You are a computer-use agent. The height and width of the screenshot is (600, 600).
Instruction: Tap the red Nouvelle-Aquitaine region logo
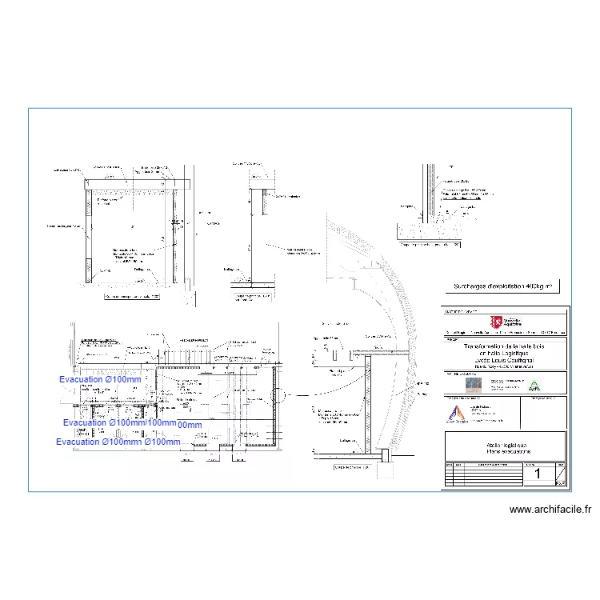498,322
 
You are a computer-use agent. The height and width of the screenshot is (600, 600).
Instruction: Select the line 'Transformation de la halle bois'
503,345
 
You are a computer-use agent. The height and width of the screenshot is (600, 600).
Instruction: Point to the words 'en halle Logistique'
503,353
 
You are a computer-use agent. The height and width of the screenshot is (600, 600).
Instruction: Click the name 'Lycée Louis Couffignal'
503,361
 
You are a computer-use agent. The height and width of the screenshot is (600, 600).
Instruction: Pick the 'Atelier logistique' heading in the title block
504,444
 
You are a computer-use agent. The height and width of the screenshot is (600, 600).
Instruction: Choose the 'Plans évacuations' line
504,452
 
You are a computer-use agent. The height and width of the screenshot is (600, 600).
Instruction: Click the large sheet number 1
537,474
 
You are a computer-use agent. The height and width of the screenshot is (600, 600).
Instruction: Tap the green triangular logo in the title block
535,386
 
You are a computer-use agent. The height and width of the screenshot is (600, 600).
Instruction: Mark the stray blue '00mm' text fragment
190,425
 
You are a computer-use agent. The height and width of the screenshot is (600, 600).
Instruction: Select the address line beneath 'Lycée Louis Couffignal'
503,367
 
